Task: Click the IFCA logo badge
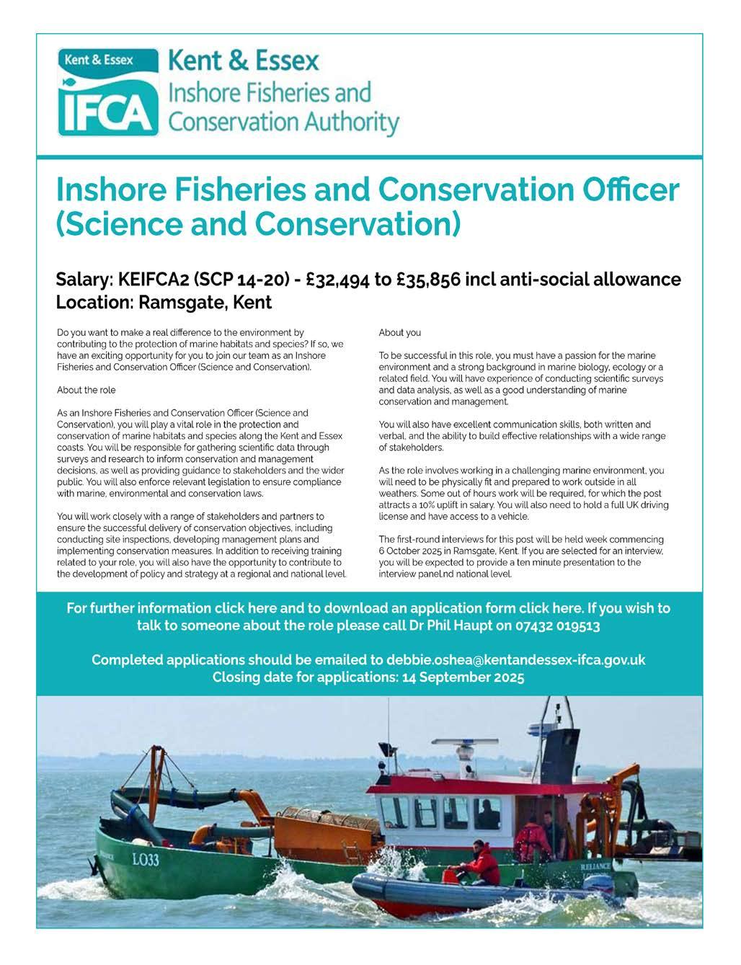tap(108, 92)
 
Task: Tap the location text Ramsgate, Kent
tap(205, 303)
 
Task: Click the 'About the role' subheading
tap(86, 390)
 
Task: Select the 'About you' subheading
tap(399, 333)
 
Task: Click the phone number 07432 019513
tap(557, 626)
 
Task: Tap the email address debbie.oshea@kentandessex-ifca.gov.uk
tap(515, 659)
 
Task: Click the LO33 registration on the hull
tap(145, 858)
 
